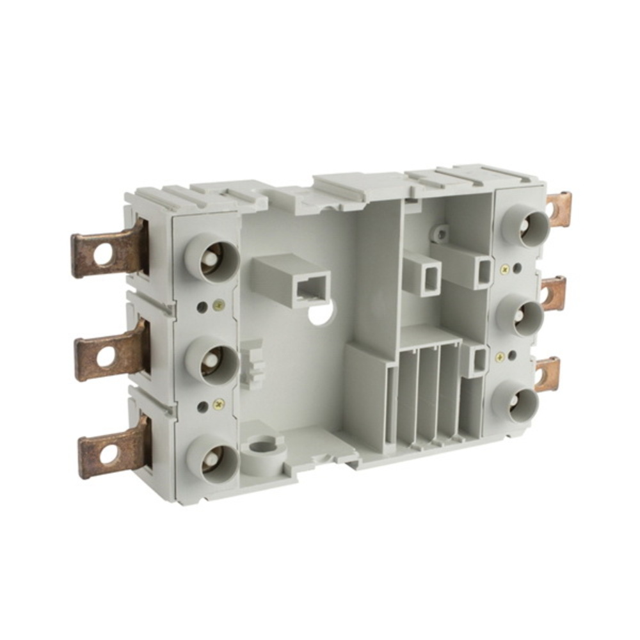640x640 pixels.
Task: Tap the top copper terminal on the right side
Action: (x=558, y=210)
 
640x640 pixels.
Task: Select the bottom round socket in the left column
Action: (x=213, y=459)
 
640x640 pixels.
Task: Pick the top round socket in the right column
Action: (x=525, y=225)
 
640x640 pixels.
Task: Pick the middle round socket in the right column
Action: (x=520, y=314)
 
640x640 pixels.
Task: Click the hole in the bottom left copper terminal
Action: (x=108, y=454)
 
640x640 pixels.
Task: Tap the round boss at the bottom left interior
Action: (x=264, y=444)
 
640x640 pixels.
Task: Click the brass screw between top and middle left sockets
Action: (x=219, y=305)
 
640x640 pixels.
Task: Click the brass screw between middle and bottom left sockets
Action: (x=219, y=404)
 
